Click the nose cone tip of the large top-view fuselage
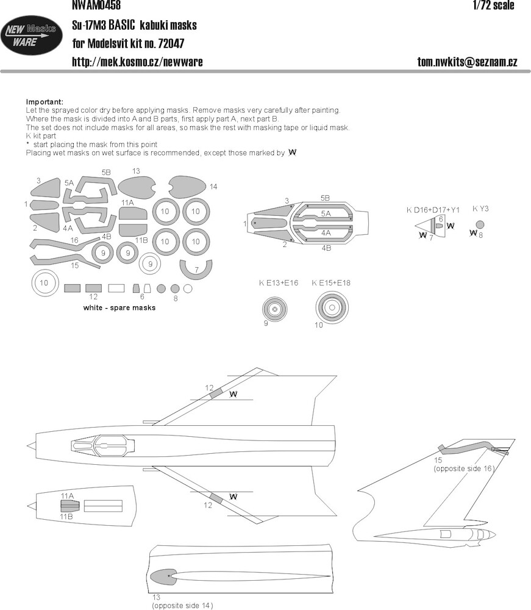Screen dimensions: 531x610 (x=27, y=445)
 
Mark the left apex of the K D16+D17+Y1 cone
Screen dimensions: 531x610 (x=415, y=226)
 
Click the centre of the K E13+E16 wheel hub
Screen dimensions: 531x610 (x=275, y=309)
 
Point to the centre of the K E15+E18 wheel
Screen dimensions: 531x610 (x=332, y=307)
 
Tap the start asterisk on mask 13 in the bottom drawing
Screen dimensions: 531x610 (x=168, y=575)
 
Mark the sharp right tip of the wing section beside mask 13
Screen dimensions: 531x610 (x=330, y=576)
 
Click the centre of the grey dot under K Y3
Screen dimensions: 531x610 (x=480, y=224)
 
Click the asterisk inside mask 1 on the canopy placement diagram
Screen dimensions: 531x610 (x=255, y=223)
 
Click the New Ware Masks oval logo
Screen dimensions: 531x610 (x=31, y=35)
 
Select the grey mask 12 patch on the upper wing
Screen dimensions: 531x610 (x=216, y=393)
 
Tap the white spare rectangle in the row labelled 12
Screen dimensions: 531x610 (x=116, y=289)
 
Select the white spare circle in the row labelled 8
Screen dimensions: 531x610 (x=188, y=289)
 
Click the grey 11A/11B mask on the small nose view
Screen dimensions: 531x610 (x=70, y=506)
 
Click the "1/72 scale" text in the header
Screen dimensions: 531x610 (x=493, y=5)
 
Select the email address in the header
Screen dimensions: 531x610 (x=467, y=62)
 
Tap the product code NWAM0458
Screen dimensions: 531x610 (x=96, y=5)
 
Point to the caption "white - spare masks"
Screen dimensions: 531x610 (x=119, y=307)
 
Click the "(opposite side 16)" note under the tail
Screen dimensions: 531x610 (x=464, y=468)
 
